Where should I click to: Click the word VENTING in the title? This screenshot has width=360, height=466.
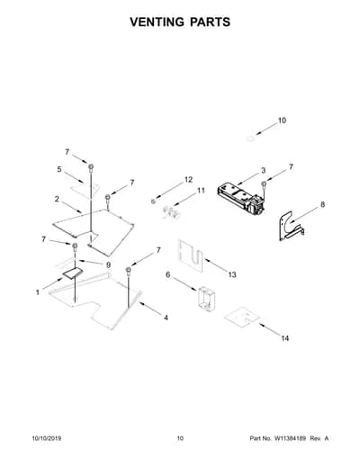coord(157,22)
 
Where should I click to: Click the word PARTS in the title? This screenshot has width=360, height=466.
coord(210,22)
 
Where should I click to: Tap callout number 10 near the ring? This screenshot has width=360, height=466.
coord(282,121)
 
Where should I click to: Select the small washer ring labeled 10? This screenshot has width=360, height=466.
coord(250,139)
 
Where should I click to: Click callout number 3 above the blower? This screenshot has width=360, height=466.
coord(263,170)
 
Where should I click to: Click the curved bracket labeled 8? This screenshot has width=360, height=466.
coord(290,227)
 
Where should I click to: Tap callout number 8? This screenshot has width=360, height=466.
coord(322,204)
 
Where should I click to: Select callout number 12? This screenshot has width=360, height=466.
coord(188,179)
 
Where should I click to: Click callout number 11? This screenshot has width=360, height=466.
coord(201,191)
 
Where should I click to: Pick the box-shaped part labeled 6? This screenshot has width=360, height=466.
coord(207,298)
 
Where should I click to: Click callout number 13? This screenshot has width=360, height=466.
coord(232,274)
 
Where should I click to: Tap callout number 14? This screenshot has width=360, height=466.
coord(285,338)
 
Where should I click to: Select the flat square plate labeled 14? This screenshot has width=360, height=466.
coord(242,317)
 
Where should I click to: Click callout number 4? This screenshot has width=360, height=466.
coord(166,318)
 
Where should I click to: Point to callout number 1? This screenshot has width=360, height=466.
coord(38,292)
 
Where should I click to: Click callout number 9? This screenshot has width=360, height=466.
coord(108,264)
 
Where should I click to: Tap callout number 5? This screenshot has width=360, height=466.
coord(59,169)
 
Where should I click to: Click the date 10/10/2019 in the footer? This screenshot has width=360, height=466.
coord(47,438)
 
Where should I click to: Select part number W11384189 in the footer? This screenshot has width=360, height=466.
coord(289,438)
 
